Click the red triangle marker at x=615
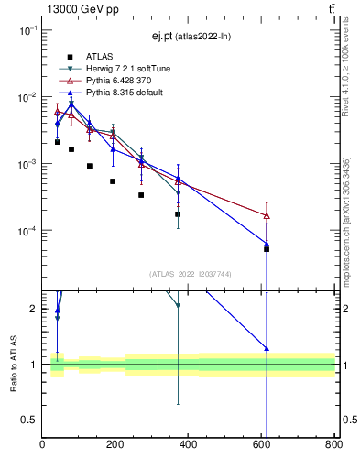tap(267, 215)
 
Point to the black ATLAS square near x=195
tap(113, 181)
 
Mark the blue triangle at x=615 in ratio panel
tap(267, 348)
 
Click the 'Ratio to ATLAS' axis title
tap(12, 365)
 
